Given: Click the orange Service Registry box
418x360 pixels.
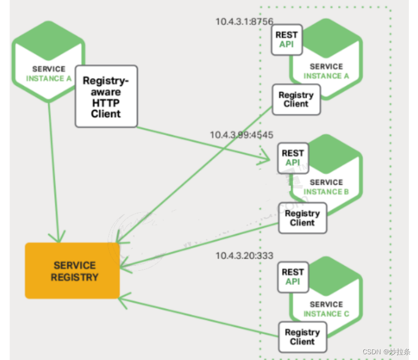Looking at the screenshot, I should [x=72, y=271].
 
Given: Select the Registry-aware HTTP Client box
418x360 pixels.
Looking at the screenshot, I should [x=106, y=97].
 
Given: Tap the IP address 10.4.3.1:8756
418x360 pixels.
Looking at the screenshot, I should [x=244, y=21].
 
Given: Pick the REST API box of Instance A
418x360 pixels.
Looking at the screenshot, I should [x=287, y=39].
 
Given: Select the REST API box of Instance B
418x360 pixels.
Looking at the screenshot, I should [x=293, y=158].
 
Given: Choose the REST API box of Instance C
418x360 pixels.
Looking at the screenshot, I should [x=293, y=277].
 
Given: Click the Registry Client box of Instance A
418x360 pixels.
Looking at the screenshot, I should [x=296, y=99].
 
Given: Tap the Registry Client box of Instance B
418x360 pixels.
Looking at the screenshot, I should [x=303, y=218].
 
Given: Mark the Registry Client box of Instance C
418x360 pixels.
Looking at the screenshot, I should [x=303, y=337].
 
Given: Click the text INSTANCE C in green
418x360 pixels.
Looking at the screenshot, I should [x=326, y=314].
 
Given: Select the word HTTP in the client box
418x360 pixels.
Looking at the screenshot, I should [x=106, y=103].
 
